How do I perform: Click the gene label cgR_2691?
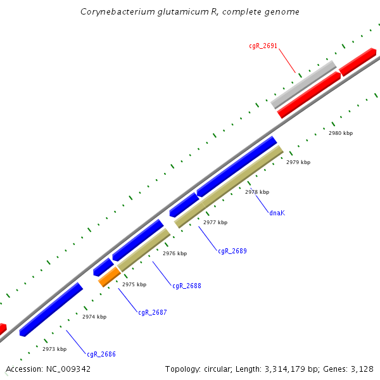click(x=263, y=46)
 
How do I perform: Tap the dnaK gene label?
click(x=277, y=213)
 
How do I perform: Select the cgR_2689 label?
click(x=232, y=251)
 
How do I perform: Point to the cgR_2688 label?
click(x=187, y=286)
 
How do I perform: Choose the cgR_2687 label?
click(x=153, y=312)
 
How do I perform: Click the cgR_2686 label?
click(x=101, y=354)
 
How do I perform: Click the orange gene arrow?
click(x=109, y=276)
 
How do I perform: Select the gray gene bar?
click(x=303, y=84)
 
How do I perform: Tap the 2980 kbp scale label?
click(x=341, y=134)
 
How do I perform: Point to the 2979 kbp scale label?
click(x=298, y=163)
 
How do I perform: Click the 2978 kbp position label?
click(x=257, y=192)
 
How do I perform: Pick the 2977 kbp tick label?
click(x=215, y=222)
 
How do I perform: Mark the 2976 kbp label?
click(x=175, y=253)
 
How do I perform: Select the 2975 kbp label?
click(x=134, y=284)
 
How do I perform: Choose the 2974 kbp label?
click(x=94, y=317)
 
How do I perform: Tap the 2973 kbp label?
click(x=54, y=349)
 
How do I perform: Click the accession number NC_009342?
click(x=68, y=369)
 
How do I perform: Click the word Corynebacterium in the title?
click(x=113, y=12)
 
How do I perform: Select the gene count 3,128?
click(x=362, y=369)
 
